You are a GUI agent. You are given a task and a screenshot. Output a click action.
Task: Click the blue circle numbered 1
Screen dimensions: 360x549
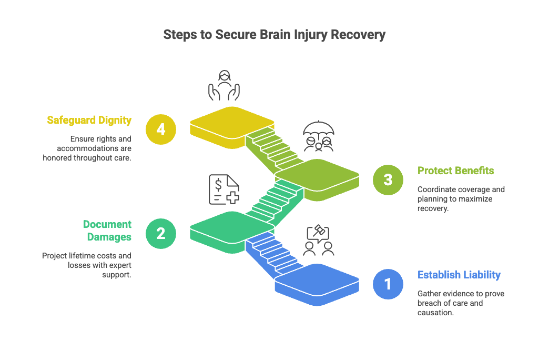click(x=388, y=284)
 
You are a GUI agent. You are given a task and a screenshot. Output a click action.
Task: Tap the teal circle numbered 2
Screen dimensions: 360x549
click(x=161, y=233)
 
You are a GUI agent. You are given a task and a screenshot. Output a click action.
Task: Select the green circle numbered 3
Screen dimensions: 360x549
click(x=388, y=180)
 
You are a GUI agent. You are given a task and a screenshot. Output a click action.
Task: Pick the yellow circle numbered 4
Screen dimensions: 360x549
click(x=161, y=128)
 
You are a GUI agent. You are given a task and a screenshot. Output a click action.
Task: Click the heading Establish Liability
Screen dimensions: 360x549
click(x=459, y=275)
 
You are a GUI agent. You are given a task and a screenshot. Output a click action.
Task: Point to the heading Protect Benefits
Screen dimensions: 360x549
click(x=455, y=171)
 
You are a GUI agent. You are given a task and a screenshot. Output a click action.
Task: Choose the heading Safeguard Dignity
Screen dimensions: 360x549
click(x=89, y=120)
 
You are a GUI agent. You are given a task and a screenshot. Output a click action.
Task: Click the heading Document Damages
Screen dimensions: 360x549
click(x=107, y=231)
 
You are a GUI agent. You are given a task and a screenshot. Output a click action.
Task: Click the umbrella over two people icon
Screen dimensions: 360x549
click(x=319, y=138)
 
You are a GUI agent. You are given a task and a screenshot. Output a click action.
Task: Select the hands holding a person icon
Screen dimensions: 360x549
click(x=224, y=86)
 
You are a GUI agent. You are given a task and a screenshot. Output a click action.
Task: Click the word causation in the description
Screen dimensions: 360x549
click(x=435, y=312)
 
